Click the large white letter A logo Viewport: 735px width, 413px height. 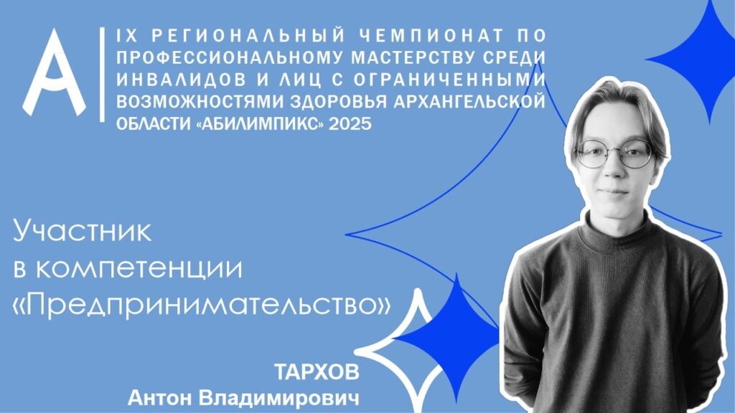(55, 75)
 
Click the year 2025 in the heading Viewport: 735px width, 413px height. (350, 123)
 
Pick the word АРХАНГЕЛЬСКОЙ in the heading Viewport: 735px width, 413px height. (469, 101)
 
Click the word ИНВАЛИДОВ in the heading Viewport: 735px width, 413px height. (181, 80)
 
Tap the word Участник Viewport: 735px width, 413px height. (83, 231)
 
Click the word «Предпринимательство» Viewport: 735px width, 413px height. (202, 305)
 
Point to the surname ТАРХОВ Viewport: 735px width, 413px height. (317, 373)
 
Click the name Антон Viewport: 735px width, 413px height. (160, 399)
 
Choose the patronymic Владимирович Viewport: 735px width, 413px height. (279, 399)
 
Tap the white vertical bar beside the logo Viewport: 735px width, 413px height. (102, 75)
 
